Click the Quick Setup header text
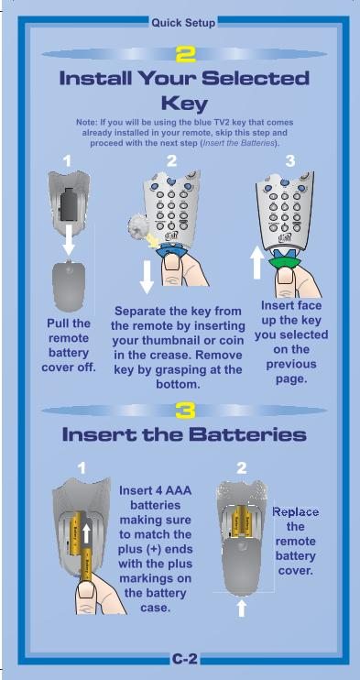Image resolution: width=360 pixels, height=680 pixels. coord(183,23)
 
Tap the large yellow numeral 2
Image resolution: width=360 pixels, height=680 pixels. coord(185,54)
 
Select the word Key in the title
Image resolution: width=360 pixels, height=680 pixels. coord(184,104)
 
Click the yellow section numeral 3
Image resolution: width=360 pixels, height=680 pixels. coord(185,411)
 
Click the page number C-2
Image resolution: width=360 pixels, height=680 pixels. coord(184,659)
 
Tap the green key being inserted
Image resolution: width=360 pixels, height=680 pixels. coord(285,261)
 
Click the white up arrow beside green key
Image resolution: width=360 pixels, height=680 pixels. coord(257,263)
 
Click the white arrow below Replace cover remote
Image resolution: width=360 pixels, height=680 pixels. coord(242,608)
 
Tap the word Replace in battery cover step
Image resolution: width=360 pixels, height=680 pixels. coord(295,512)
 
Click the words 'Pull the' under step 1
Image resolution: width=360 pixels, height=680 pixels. coord(69,324)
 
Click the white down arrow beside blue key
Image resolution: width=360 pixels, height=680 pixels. coord(147,277)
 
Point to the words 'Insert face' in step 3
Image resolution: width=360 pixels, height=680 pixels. coord(291,305)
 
